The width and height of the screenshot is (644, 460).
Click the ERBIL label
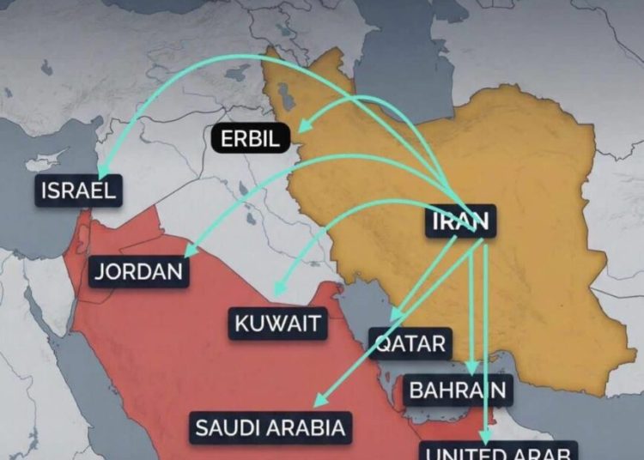pos(250,138)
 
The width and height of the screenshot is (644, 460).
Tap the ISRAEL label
pos(77,190)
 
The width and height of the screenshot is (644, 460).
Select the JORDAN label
pos(139,272)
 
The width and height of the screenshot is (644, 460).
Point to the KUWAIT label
pos(277,324)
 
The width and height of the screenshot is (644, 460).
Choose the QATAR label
pos(411,344)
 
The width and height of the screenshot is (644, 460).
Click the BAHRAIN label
pos(458,390)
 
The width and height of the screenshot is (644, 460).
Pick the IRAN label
pos(461,221)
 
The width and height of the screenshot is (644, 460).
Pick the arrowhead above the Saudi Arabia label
pos(319,400)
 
